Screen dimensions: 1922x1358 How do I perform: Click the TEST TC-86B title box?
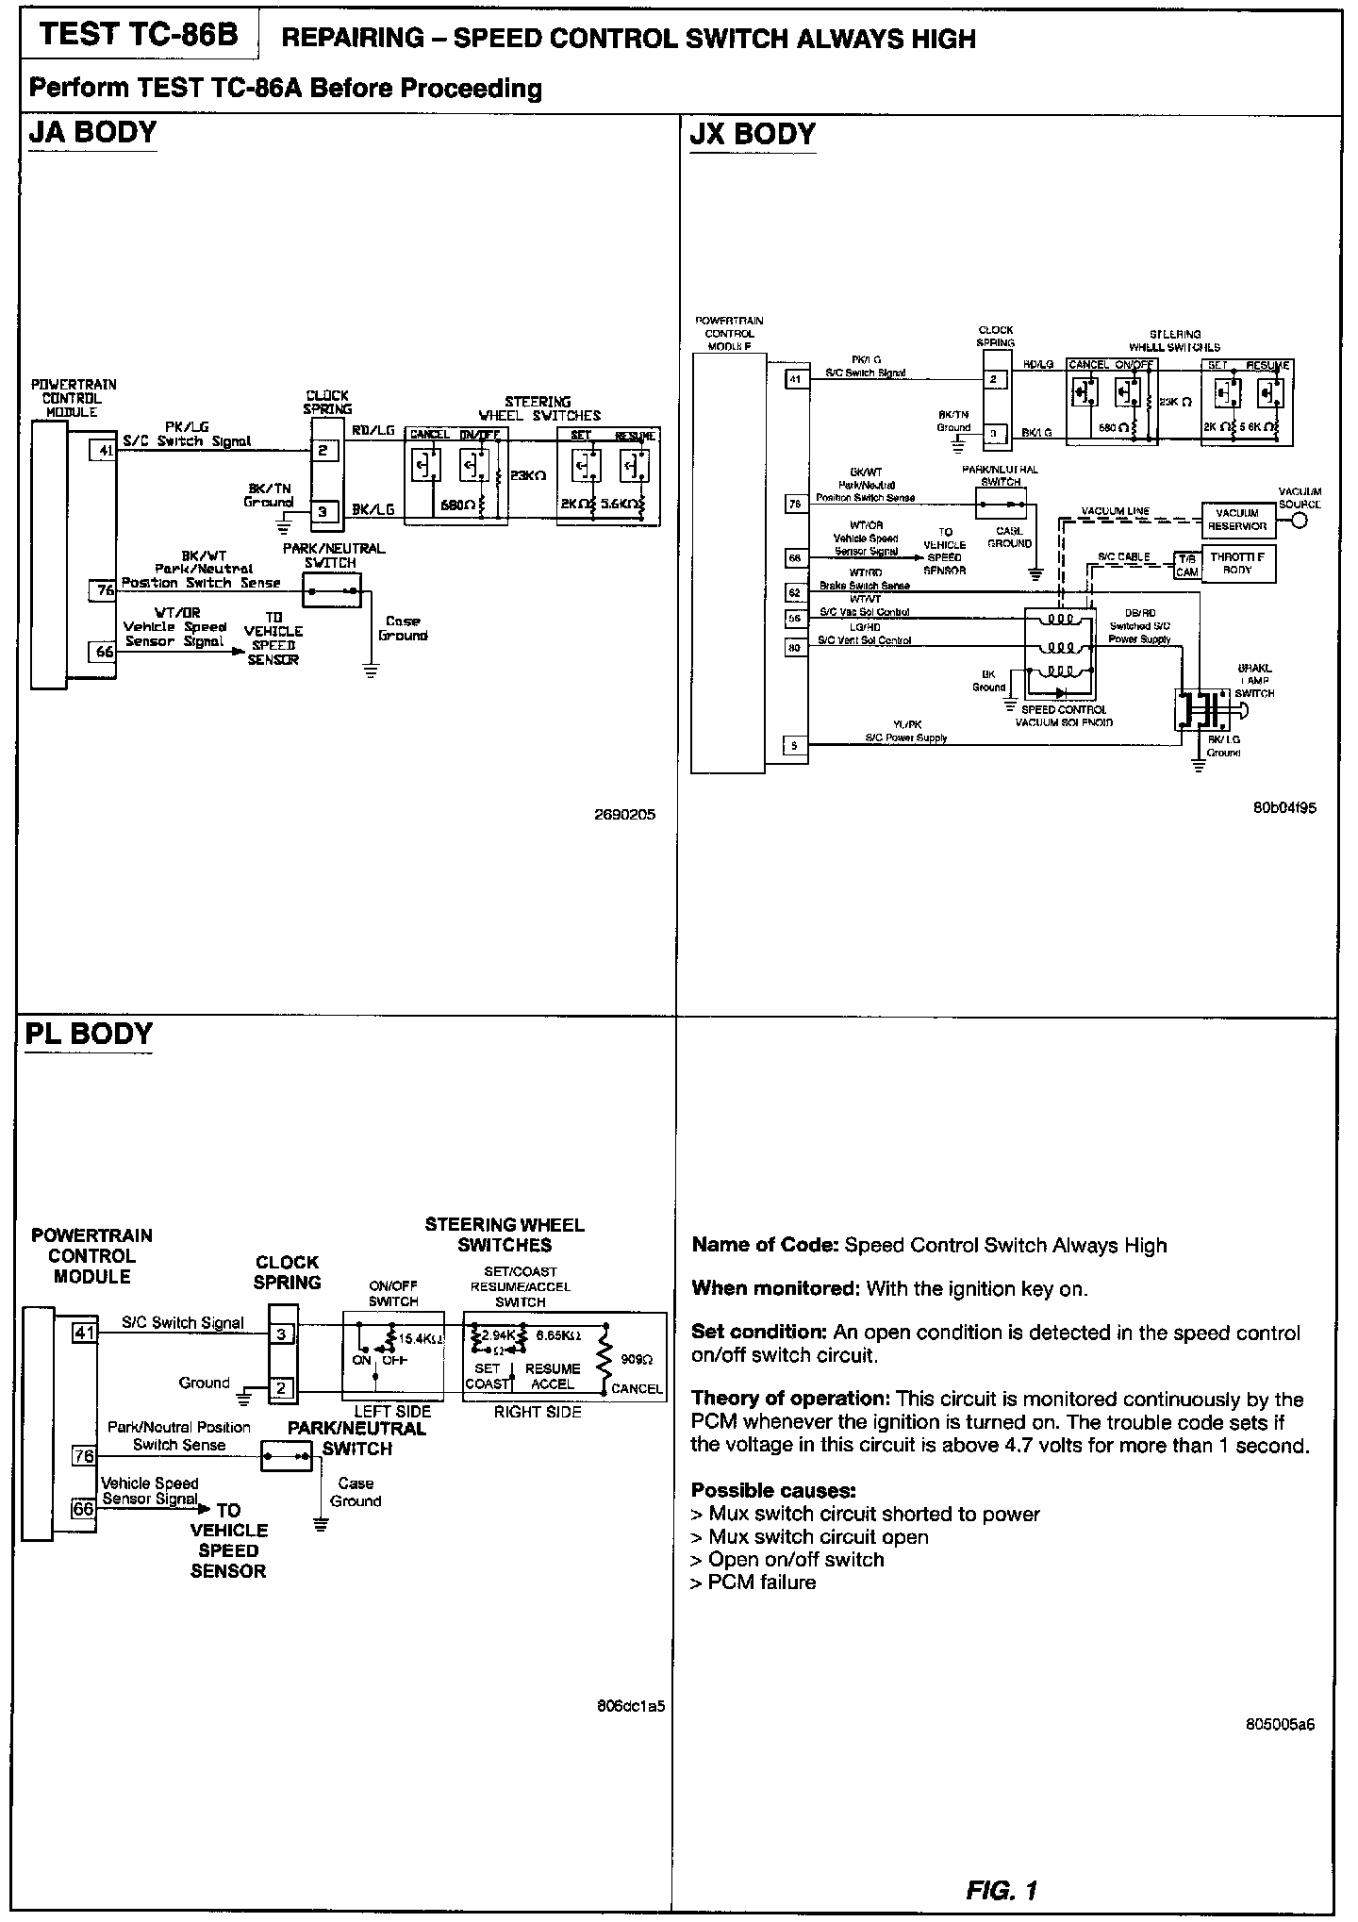[139, 35]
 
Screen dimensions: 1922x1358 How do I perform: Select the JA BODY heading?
[92, 132]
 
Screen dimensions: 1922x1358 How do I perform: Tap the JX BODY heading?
[752, 134]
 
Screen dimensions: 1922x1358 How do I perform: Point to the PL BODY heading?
[89, 1034]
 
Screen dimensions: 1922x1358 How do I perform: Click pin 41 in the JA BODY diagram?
[104, 451]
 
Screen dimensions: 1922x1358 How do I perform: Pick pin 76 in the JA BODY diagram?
[104, 590]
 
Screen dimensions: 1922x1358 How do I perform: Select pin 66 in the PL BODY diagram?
[84, 1509]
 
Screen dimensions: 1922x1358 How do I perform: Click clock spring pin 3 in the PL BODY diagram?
[282, 1334]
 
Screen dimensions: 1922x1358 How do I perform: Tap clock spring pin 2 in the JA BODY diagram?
[323, 451]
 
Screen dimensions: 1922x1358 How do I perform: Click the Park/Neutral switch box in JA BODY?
[332, 591]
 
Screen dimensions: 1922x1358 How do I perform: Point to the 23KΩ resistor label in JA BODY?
[527, 476]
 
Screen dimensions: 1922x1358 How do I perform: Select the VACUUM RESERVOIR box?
[1237, 520]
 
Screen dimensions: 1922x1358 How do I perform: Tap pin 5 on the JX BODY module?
[795, 746]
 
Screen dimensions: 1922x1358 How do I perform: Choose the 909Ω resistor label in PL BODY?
[632, 1360]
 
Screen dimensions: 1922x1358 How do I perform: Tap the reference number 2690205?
[624, 814]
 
